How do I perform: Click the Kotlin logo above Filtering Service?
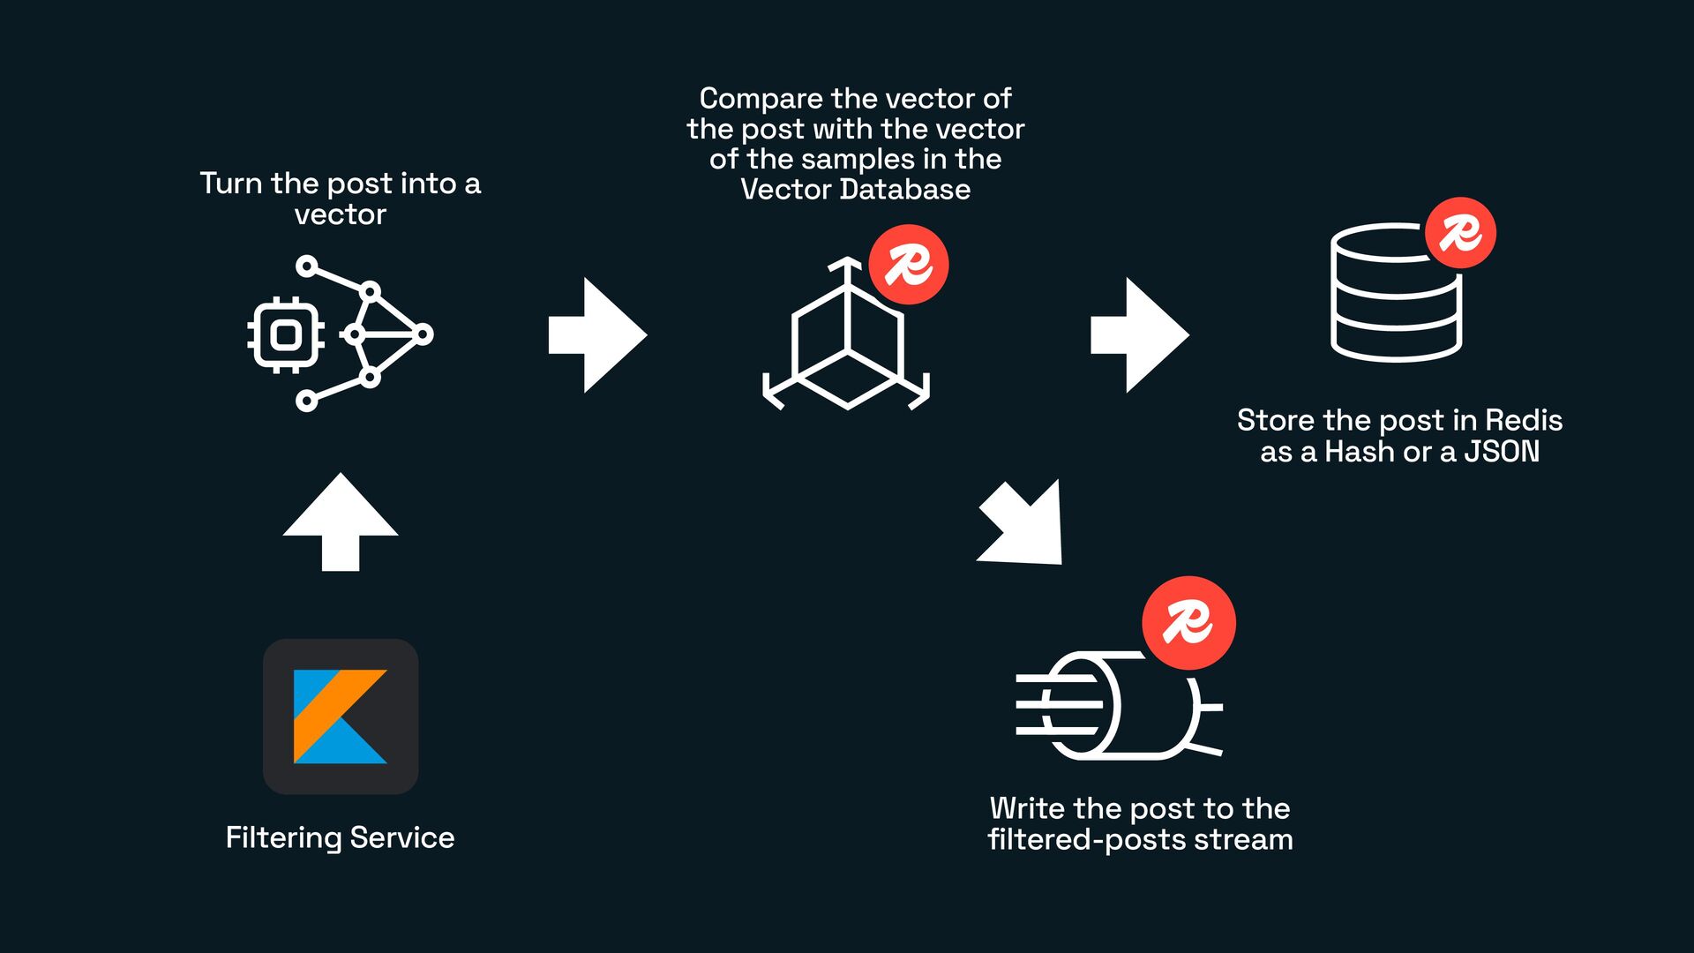click(341, 716)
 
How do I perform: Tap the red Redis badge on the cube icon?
click(909, 265)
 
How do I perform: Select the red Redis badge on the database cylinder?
click(1460, 233)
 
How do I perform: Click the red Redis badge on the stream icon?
click(1188, 623)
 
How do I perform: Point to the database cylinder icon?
click(1396, 296)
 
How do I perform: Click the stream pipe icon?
click(1119, 706)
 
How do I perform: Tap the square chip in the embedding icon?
click(285, 335)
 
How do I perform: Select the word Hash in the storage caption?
click(1360, 452)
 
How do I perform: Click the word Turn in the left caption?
click(231, 184)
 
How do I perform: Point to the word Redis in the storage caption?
click(1524, 420)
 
